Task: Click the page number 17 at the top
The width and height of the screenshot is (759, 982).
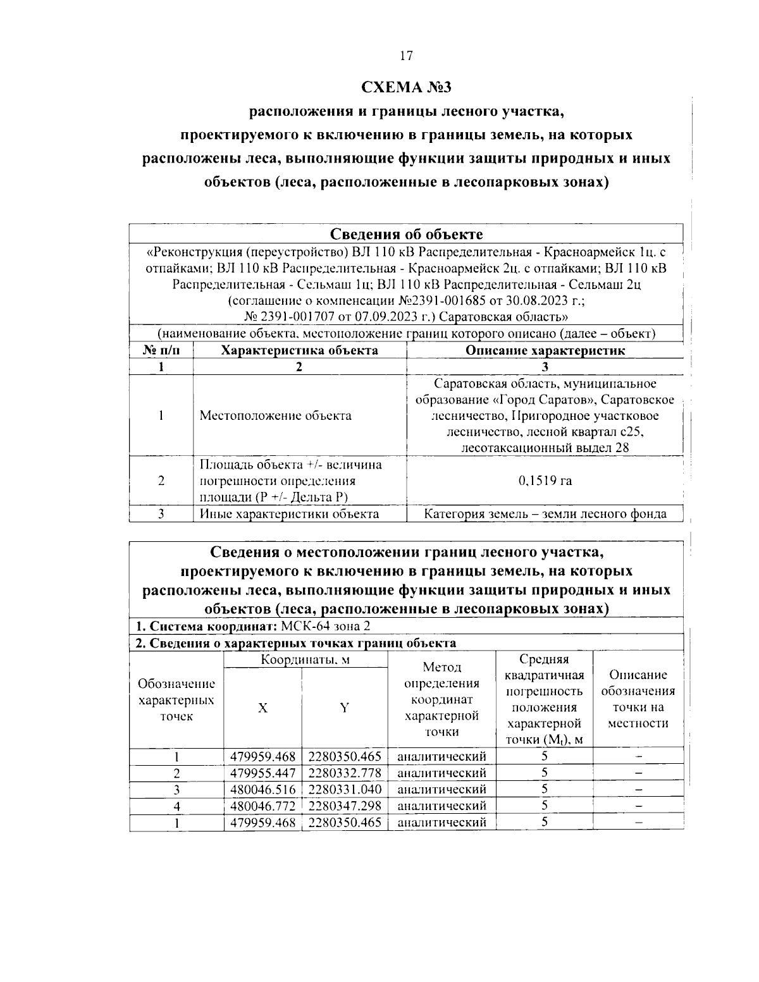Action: [x=405, y=56]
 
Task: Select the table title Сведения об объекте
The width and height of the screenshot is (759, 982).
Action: [x=406, y=234]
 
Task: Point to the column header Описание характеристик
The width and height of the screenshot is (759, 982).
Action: [x=545, y=350]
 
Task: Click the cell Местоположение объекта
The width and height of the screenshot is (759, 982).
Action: [x=275, y=415]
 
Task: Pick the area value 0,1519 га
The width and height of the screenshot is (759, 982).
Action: [x=545, y=481]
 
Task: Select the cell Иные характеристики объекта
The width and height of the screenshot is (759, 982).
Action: [x=289, y=513]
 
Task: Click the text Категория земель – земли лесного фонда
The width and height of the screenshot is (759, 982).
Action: [x=545, y=513]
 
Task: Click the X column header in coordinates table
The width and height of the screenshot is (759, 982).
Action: [x=262, y=708]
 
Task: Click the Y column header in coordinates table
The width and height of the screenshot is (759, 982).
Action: [x=345, y=708]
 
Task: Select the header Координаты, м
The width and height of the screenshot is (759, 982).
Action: [x=305, y=660]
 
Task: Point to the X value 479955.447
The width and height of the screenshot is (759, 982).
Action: [x=263, y=773]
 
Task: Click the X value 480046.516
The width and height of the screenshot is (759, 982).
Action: [x=263, y=789]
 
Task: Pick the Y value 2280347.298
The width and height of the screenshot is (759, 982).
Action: [x=345, y=806]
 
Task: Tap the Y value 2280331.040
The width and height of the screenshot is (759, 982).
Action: [x=345, y=789]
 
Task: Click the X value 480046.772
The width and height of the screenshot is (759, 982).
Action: [x=263, y=806]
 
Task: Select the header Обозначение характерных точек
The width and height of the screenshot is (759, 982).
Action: [x=176, y=700]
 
